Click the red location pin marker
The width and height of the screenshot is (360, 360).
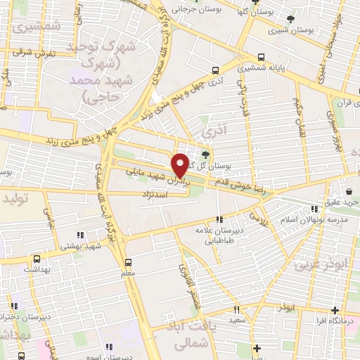point(181,164)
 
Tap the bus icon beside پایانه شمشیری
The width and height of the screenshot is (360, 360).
point(262,57)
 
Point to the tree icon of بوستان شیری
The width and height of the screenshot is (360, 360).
point(292,19)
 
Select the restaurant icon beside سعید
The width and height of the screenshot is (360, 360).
point(237,309)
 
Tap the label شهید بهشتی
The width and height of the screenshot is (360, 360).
point(102,245)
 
